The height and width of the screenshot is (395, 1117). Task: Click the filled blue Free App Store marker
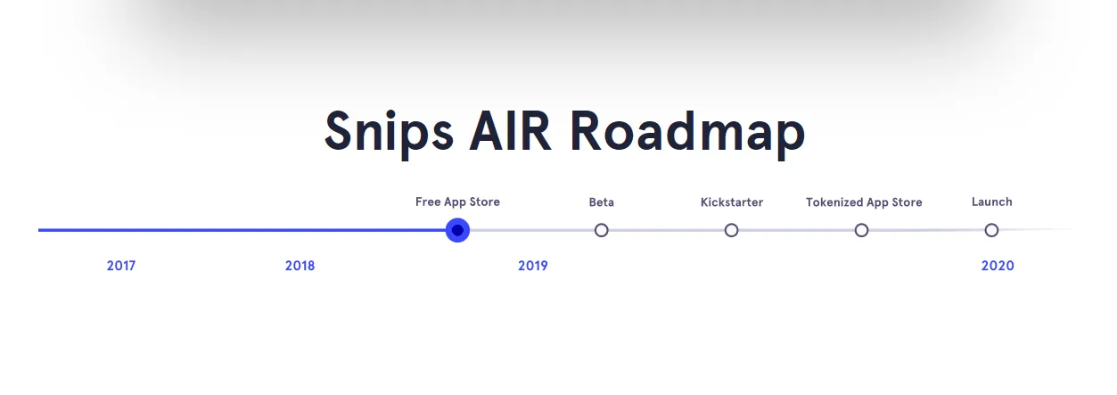click(x=457, y=230)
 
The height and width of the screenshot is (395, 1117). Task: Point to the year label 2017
click(x=121, y=266)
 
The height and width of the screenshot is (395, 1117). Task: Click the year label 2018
click(x=300, y=266)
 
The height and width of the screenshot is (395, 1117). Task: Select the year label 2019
click(x=532, y=266)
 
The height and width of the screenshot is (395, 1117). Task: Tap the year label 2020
click(x=998, y=266)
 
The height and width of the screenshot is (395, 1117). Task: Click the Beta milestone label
click(x=602, y=202)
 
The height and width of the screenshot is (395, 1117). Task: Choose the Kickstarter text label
click(x=732, y=202)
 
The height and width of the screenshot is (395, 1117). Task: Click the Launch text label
click(x=992, y=202)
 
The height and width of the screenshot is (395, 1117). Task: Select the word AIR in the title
click(x=511, y=131)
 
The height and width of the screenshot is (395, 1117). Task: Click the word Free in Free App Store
click(x=428, y=202)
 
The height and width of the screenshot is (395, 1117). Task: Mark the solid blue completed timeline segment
click(x=242, y=230)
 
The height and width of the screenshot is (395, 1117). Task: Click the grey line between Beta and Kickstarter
click(x=666, y=230)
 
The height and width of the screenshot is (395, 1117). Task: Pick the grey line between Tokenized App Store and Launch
click(x=926, y=230)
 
